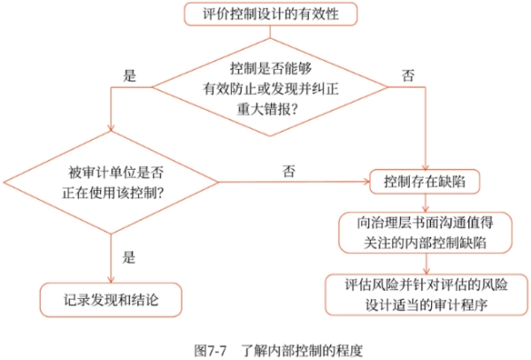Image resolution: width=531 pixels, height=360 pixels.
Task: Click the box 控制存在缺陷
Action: [x=426, y=182]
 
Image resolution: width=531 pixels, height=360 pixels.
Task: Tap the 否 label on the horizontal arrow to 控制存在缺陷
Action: [x=289, y=170]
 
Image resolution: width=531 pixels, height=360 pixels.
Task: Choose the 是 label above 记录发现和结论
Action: [x=127, y=257]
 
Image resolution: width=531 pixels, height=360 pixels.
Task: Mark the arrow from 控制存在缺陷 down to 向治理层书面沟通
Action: [x=426, y=203]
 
